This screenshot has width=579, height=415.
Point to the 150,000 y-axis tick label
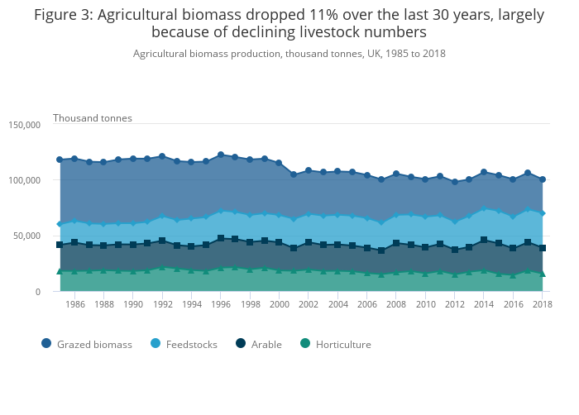24,125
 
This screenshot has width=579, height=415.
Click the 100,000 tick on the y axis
24,180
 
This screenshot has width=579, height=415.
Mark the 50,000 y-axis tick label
26,236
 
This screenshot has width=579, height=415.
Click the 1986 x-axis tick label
75,304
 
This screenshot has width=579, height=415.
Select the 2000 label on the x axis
279,304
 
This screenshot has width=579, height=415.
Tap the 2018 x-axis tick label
542,304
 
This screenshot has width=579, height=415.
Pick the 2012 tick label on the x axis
454,304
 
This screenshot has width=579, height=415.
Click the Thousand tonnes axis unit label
93,118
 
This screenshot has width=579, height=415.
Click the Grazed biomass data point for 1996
221,155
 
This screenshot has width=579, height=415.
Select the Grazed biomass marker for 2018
543,179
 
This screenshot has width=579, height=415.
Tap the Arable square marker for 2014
484,241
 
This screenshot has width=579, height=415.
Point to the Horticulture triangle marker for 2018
543,273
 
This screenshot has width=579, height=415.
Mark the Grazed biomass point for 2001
294,174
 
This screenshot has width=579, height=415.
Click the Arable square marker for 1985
60,245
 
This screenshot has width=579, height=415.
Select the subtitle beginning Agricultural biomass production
289,53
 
